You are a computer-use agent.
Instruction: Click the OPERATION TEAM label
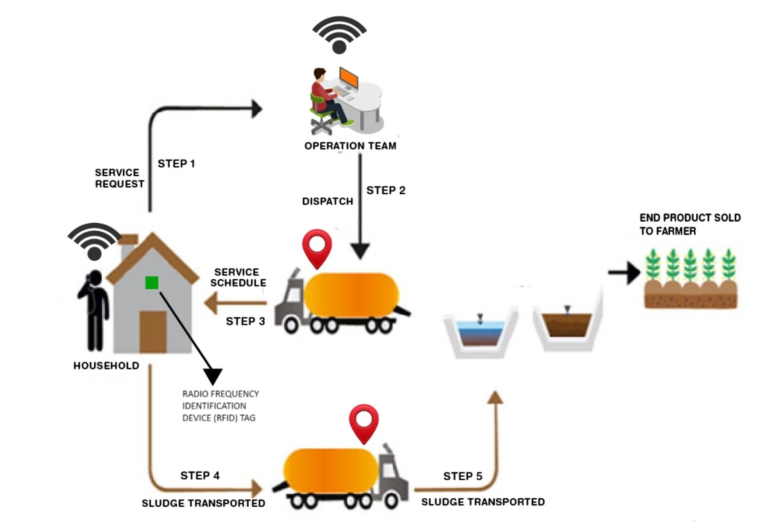click(350, 146)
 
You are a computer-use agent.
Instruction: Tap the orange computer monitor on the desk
click(348, 77)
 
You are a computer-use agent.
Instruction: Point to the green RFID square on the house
click(152, 283)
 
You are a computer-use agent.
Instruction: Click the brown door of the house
click(153, 331)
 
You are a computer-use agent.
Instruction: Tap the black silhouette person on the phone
click(95, 309)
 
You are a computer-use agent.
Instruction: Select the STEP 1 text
click(176, 164)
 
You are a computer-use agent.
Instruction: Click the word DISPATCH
click(327, 201)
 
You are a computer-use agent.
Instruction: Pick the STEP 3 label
click(245, 322)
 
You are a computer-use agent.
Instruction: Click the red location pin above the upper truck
click(317, 247)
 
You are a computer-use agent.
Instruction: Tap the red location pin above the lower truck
click(364, 422)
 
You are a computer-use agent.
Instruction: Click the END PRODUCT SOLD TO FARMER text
click(689, 224)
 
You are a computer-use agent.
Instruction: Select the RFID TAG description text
click(220, 406)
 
